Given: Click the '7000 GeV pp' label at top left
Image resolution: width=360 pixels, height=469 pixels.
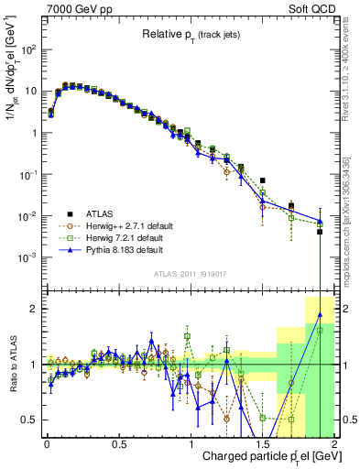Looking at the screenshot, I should (77, 9).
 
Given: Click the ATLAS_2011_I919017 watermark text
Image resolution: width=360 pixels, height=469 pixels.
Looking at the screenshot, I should (190, 274).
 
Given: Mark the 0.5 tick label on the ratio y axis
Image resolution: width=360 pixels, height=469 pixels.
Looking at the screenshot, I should (29, 420).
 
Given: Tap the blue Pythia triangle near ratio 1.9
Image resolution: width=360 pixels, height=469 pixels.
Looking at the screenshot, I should (320, 314).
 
